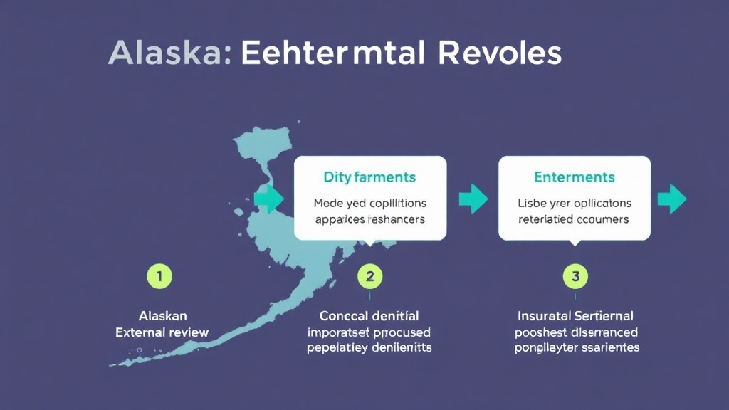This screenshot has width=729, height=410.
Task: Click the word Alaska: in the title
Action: click(169, 54)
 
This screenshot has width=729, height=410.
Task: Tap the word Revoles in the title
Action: click(500, 54)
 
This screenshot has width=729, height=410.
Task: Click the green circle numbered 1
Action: click(159, 276)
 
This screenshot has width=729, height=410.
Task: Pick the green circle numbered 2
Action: click(369, 276)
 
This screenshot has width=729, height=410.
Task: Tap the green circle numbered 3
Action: click(574, 276)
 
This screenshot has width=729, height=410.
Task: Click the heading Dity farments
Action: click(369, 177)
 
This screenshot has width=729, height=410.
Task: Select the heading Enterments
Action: click(574, 177)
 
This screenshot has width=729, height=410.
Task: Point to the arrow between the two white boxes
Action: click(473, 199)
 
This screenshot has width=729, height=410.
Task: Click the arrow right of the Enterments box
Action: click(671, 199)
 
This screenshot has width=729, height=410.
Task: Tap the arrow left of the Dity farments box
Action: click(268, 199)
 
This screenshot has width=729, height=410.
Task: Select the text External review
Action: click(162, 332)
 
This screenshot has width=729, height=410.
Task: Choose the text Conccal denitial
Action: click(369, 315)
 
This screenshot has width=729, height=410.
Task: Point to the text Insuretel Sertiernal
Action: click(575, 315)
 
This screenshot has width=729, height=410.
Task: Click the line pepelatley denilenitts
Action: click(369, 348)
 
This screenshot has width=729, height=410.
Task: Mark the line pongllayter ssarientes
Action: click(577, 348)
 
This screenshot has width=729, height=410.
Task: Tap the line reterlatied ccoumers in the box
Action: click(574, 219)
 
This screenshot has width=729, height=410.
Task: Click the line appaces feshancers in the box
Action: click(369, 219)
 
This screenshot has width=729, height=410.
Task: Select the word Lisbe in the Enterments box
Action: click(533, 203)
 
